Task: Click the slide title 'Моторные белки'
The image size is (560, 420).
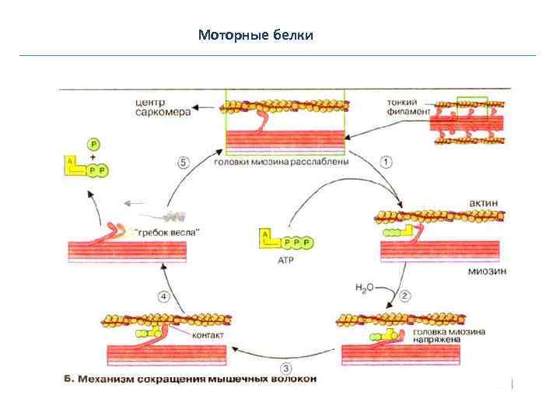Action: click(256, 35)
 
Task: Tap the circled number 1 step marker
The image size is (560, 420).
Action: click(387, 162)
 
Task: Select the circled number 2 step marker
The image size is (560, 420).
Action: click(405, 296)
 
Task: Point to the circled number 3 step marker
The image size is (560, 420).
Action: click(286, 368)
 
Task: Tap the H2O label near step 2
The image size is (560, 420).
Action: click(365, 288)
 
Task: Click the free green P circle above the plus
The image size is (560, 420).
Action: click(94, 144)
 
